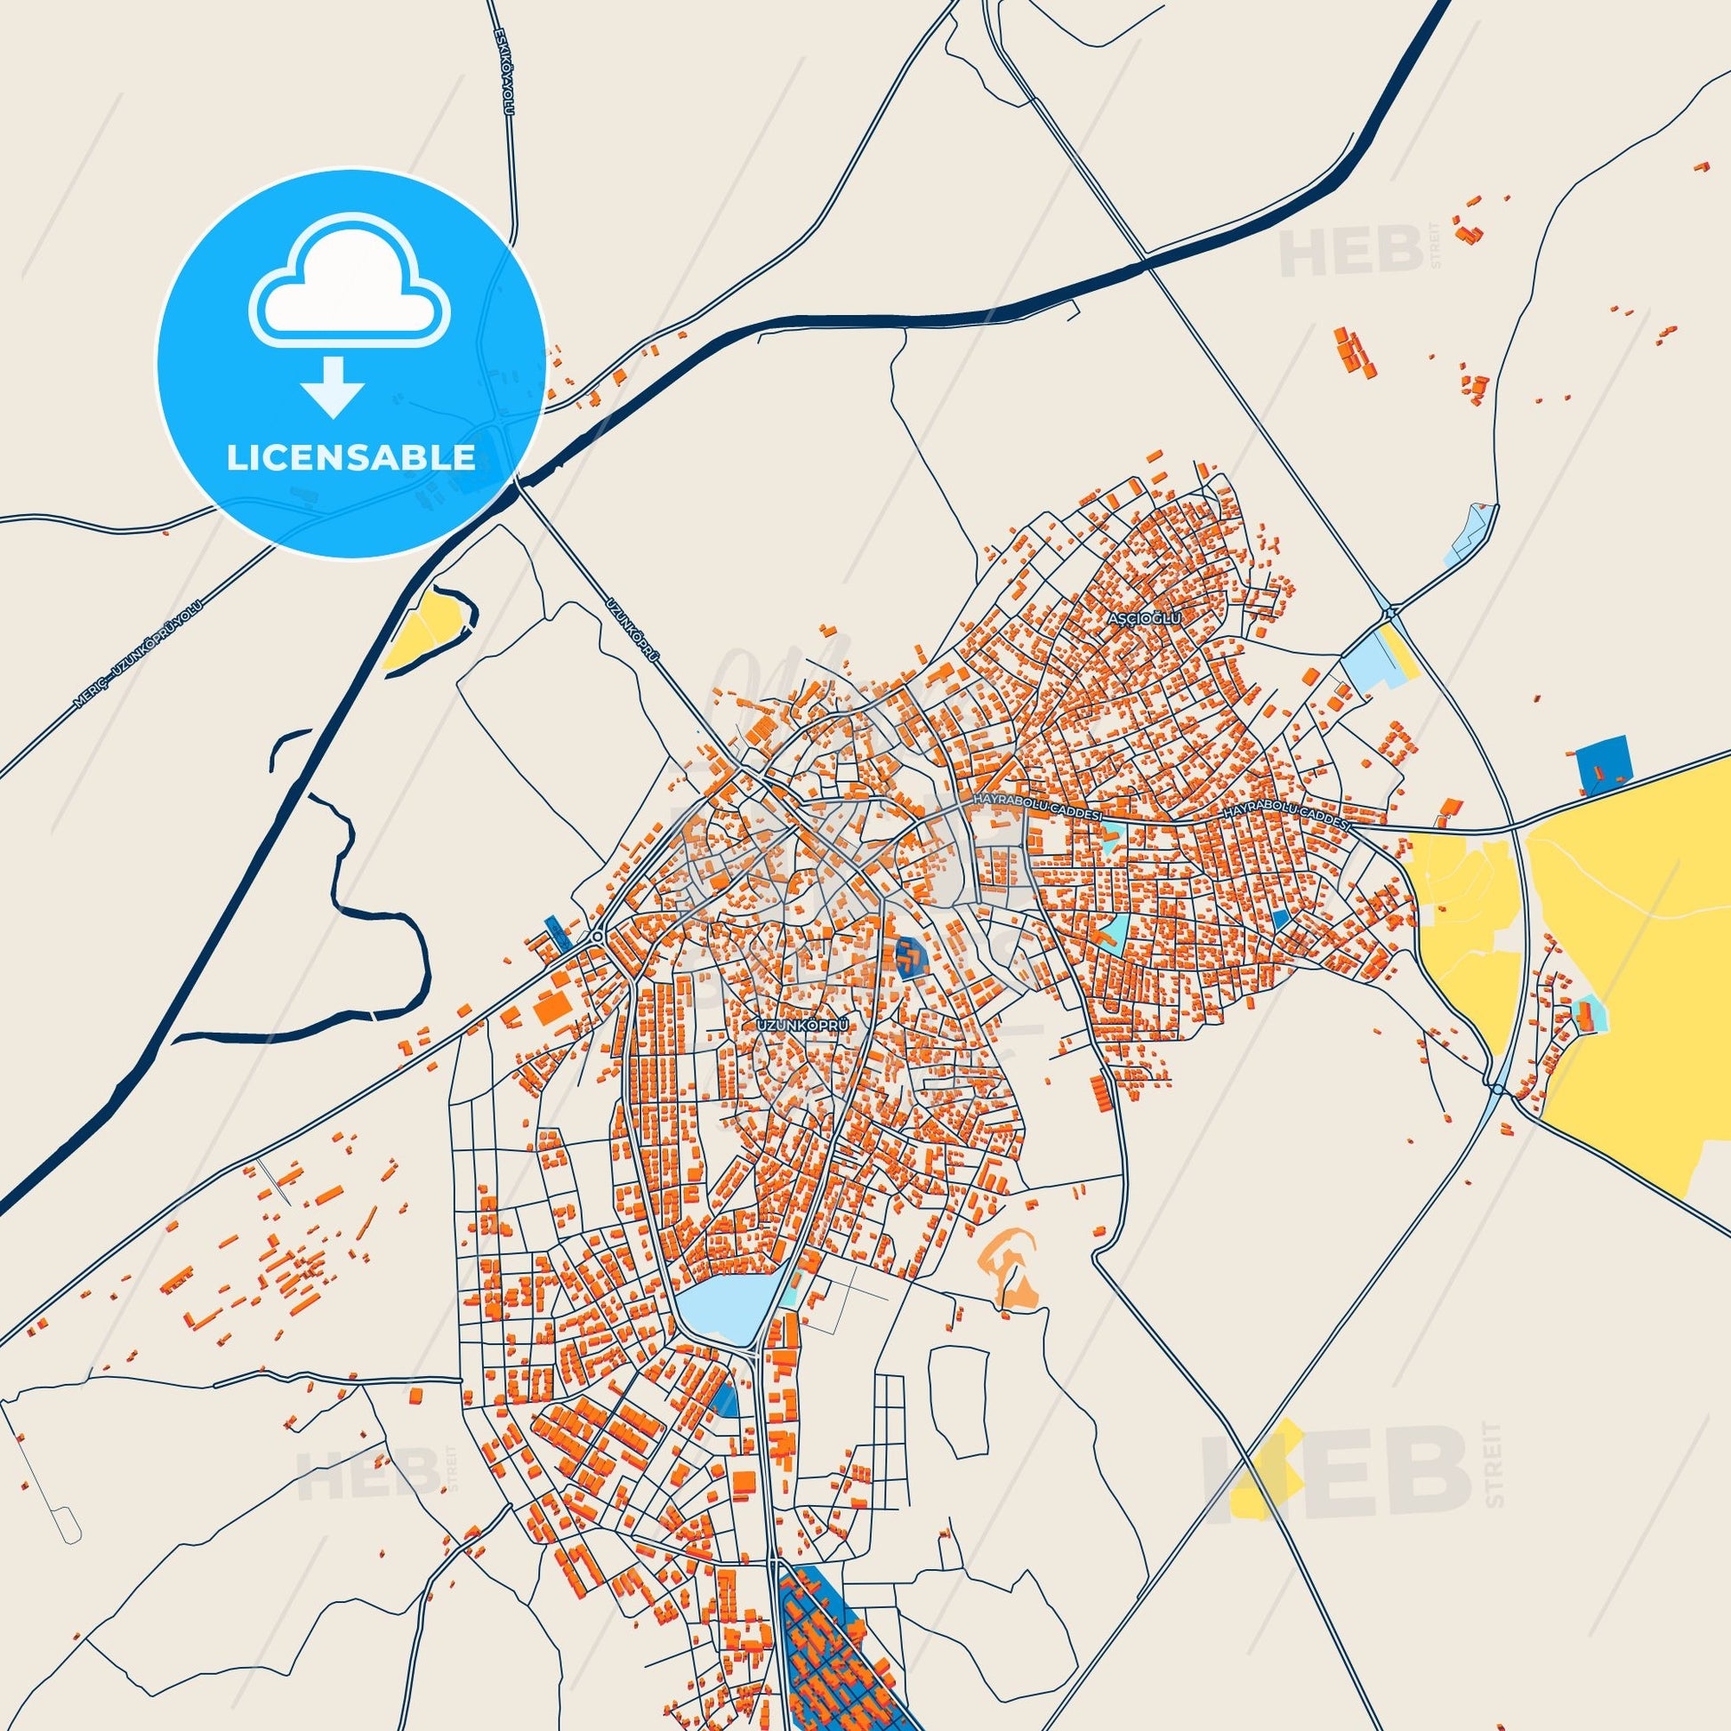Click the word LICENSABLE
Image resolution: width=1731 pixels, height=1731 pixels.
(351, 458)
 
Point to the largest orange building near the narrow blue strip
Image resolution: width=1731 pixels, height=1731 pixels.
(552, 1009)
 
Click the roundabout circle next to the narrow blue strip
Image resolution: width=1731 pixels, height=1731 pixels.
(597, 937)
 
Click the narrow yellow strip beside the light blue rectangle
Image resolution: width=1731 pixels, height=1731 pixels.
(1398, 654)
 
